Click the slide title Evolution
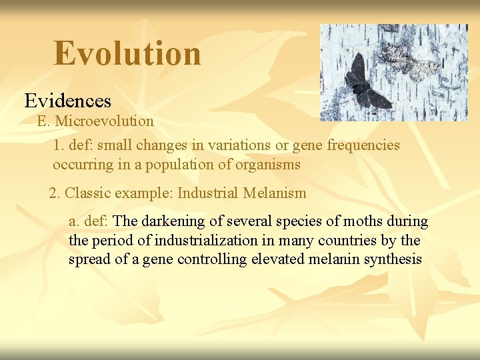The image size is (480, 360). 127,53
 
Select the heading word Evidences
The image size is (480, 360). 67,101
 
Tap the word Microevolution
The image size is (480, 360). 105,121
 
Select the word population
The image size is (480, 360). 185,164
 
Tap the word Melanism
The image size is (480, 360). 275,193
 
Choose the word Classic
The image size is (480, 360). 90,193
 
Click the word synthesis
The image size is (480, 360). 393,259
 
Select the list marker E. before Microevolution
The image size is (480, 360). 43,121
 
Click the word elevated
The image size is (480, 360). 277,259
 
